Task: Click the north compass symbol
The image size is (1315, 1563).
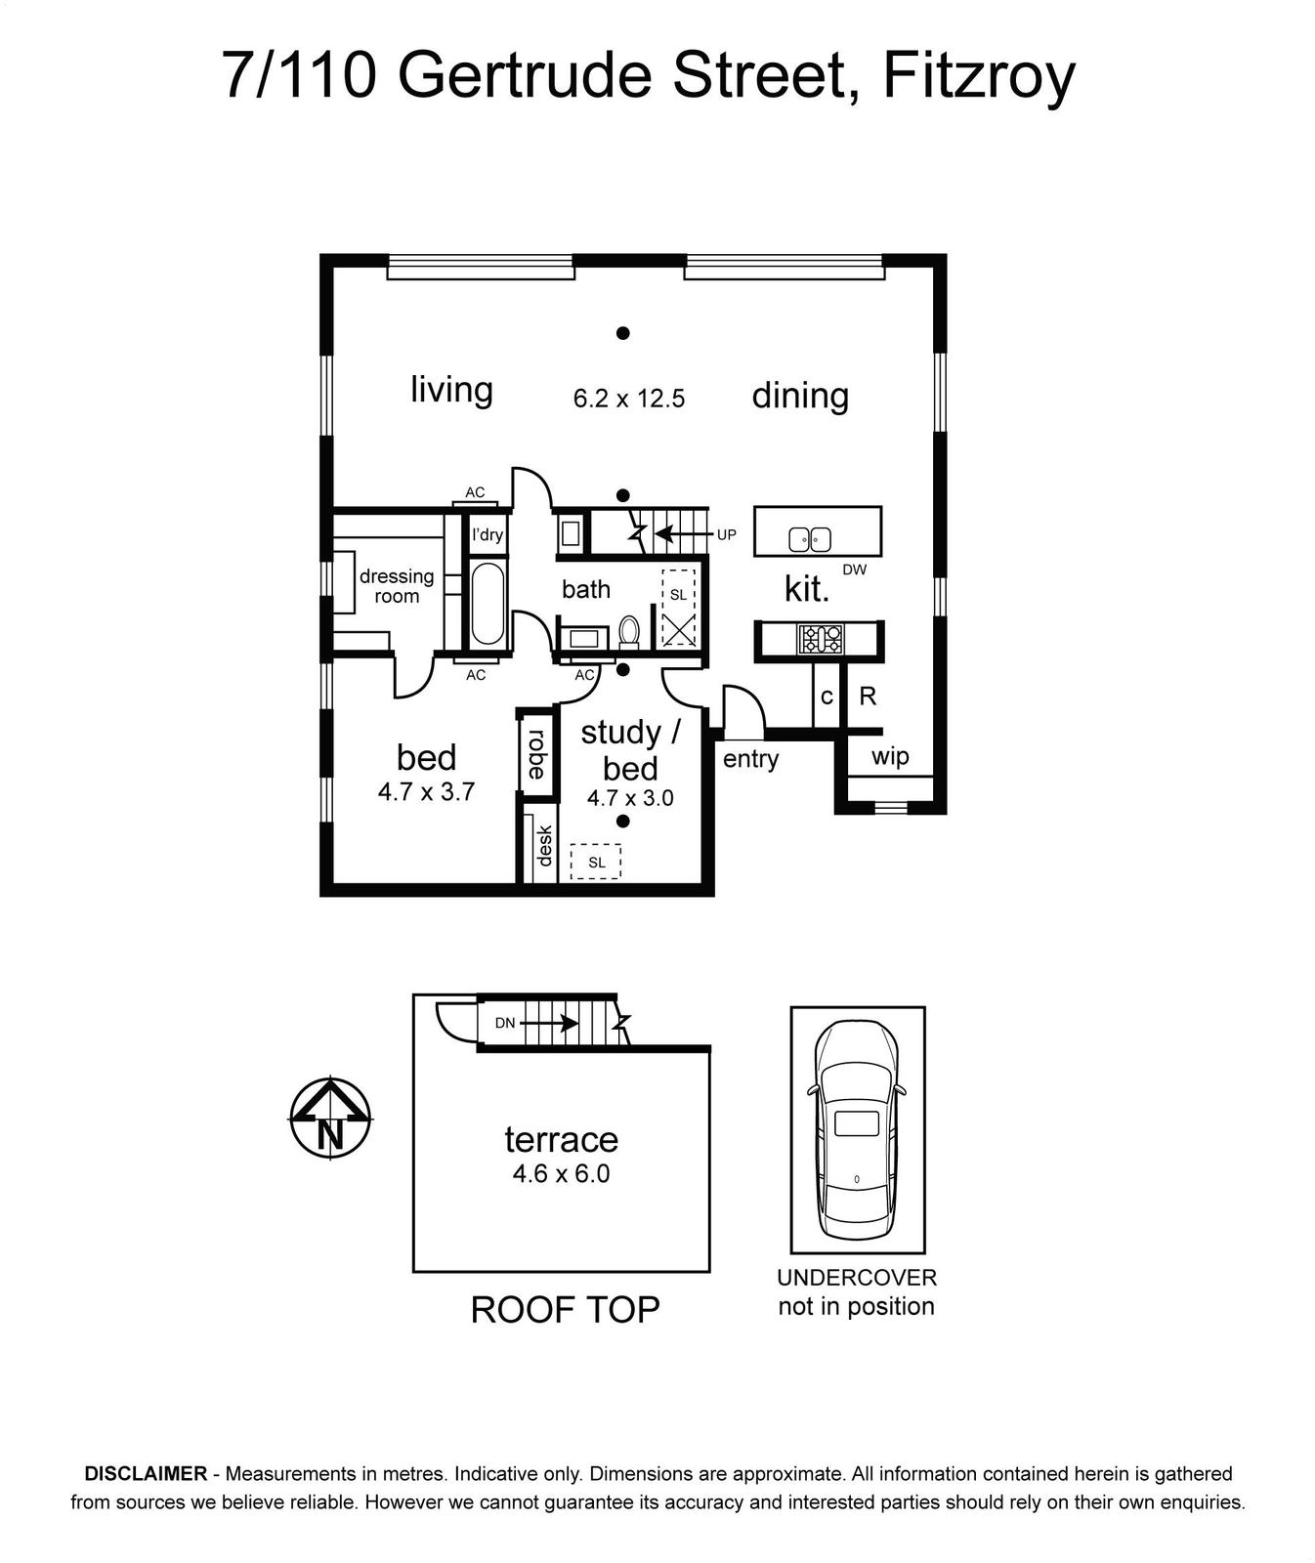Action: [x=331, y=1119]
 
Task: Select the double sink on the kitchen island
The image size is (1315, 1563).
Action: [x=810, y=538]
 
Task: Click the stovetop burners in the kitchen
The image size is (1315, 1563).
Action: [x=820, y=639]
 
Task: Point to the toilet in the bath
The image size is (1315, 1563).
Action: [x=629, y=631]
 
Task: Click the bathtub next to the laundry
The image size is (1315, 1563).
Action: [x=488, y=604]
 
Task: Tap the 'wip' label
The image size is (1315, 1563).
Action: [x=890, y=756]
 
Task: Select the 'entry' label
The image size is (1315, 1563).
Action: [x=750, y=759]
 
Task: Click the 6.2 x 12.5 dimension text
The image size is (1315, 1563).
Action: [x=629, y=399]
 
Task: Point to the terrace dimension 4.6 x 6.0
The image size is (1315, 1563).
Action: [x=561, y=1173]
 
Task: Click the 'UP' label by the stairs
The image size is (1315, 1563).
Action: [x=726, y=535]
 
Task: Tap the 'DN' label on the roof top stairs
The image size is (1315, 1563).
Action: [x=505, y=1024]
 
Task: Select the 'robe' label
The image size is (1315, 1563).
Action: [x=535, y=754]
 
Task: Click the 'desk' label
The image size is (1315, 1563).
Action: [x=544, y=846]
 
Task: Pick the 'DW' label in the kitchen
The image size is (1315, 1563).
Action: [x=854, y=570]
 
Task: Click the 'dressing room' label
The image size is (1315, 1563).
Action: [x=397, y=586]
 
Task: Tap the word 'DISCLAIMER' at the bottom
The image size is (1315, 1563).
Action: [x=146, y=1473]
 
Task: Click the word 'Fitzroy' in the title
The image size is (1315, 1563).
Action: [x=979, y=76]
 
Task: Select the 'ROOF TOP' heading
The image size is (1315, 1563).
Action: [x=565, y=1310]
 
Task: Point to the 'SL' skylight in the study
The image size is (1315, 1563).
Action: [x=596, y=862]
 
